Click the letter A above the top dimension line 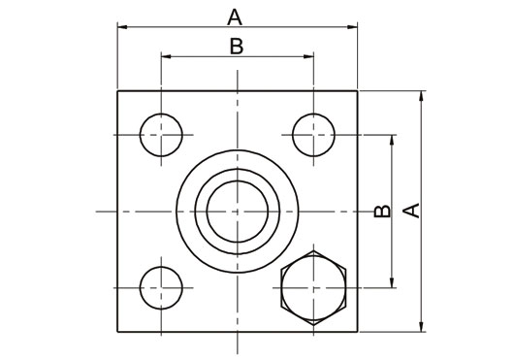235,17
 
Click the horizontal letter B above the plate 237,47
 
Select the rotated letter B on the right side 382,212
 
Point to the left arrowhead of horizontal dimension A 122,27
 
